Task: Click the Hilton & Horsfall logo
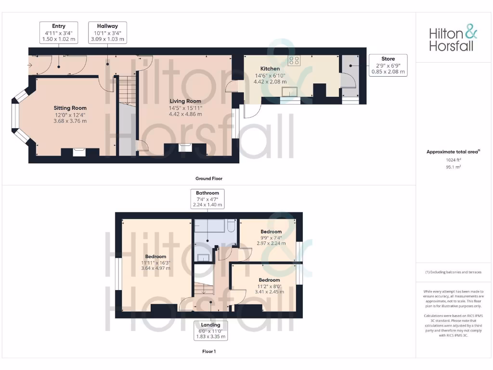pyautogui.click(x=453, y=39)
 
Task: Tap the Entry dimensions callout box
pyautogui.click(x=59, y=33)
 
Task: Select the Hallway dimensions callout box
pyautogui.click(x=107, y=33)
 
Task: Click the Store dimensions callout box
pyautogui.click(x=388, y=66)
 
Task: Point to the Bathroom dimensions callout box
pyautogui.click(x=208, y=199)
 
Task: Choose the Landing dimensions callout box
pyautogui.click(x=210, y=331)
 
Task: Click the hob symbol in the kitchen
pyautogui.click(x=294, y=61)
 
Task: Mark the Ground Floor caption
pyautogui.click(x=209, y=179)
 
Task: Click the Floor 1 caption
pyautogui.click(x=209, y=352)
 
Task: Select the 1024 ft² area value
pyautogui.click(x=454, y=160)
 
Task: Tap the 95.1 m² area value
pyautogui.click(x=454, y=167)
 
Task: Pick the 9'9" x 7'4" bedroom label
pyautogui.click(x=271, y=238)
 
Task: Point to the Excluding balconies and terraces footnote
pyautogui.click(x=453, y=272)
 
